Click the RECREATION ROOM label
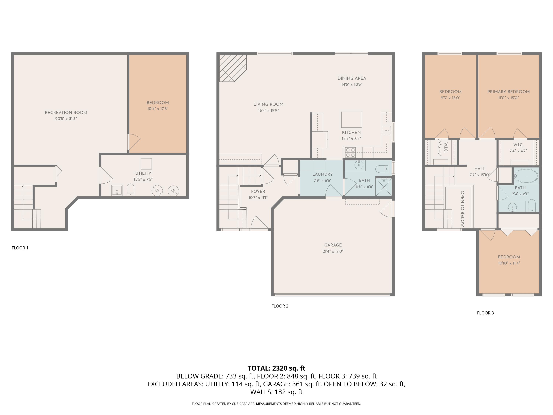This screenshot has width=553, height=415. pos(66,113)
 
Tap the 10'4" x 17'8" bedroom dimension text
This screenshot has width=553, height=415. pos(158,109)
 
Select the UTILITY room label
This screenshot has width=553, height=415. pos(143,173)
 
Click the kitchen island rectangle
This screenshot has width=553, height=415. pos(352,120)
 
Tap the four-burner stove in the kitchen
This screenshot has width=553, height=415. pos(350,152)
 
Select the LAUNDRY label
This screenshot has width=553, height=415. pos(323,174)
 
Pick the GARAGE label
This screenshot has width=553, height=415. pos(333,245)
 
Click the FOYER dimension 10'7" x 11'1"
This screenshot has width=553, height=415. pos(258,198)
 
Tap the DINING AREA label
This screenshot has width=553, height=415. pos(352,78)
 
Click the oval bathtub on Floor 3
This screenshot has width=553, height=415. pos(526,176)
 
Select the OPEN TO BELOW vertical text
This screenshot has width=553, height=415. pos(462,209)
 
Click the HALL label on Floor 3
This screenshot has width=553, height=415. pos(480,169)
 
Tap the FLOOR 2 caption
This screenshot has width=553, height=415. pos(280,306)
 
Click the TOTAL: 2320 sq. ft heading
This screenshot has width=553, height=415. pos(276,368)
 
